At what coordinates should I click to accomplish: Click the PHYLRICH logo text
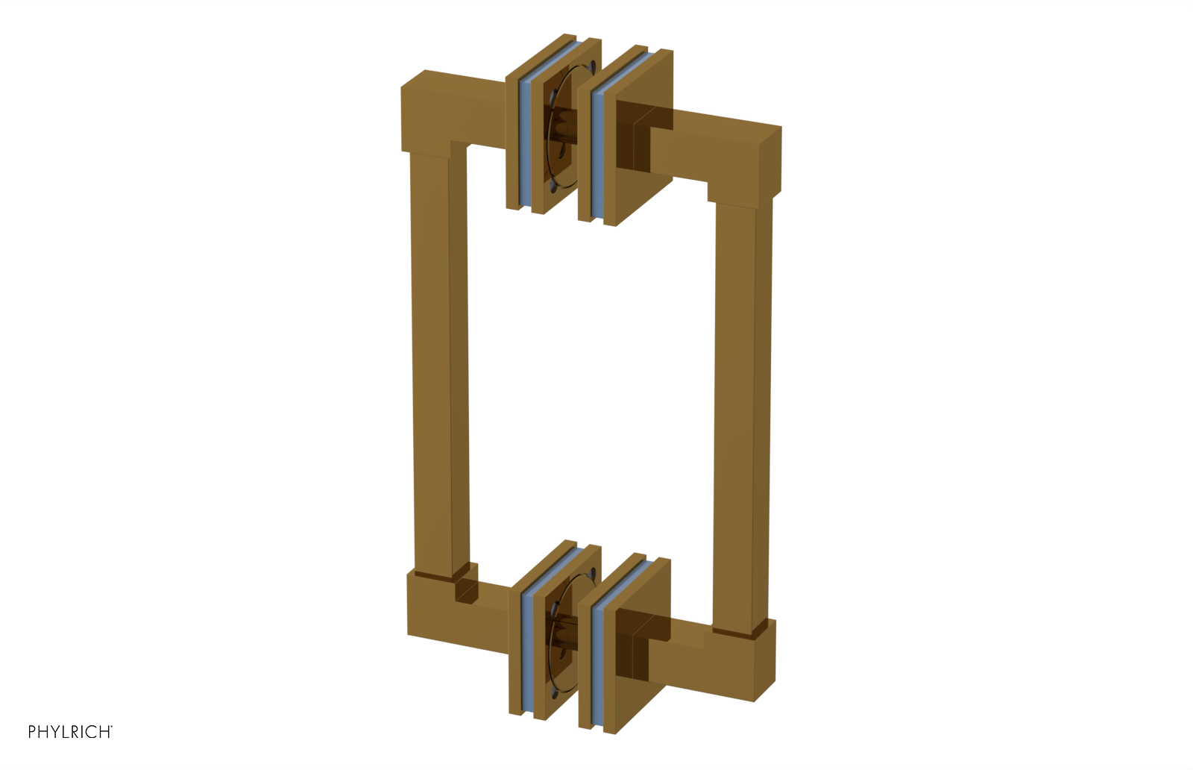coord(69,732)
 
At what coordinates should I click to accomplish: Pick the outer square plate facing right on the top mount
coord(634,138)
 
